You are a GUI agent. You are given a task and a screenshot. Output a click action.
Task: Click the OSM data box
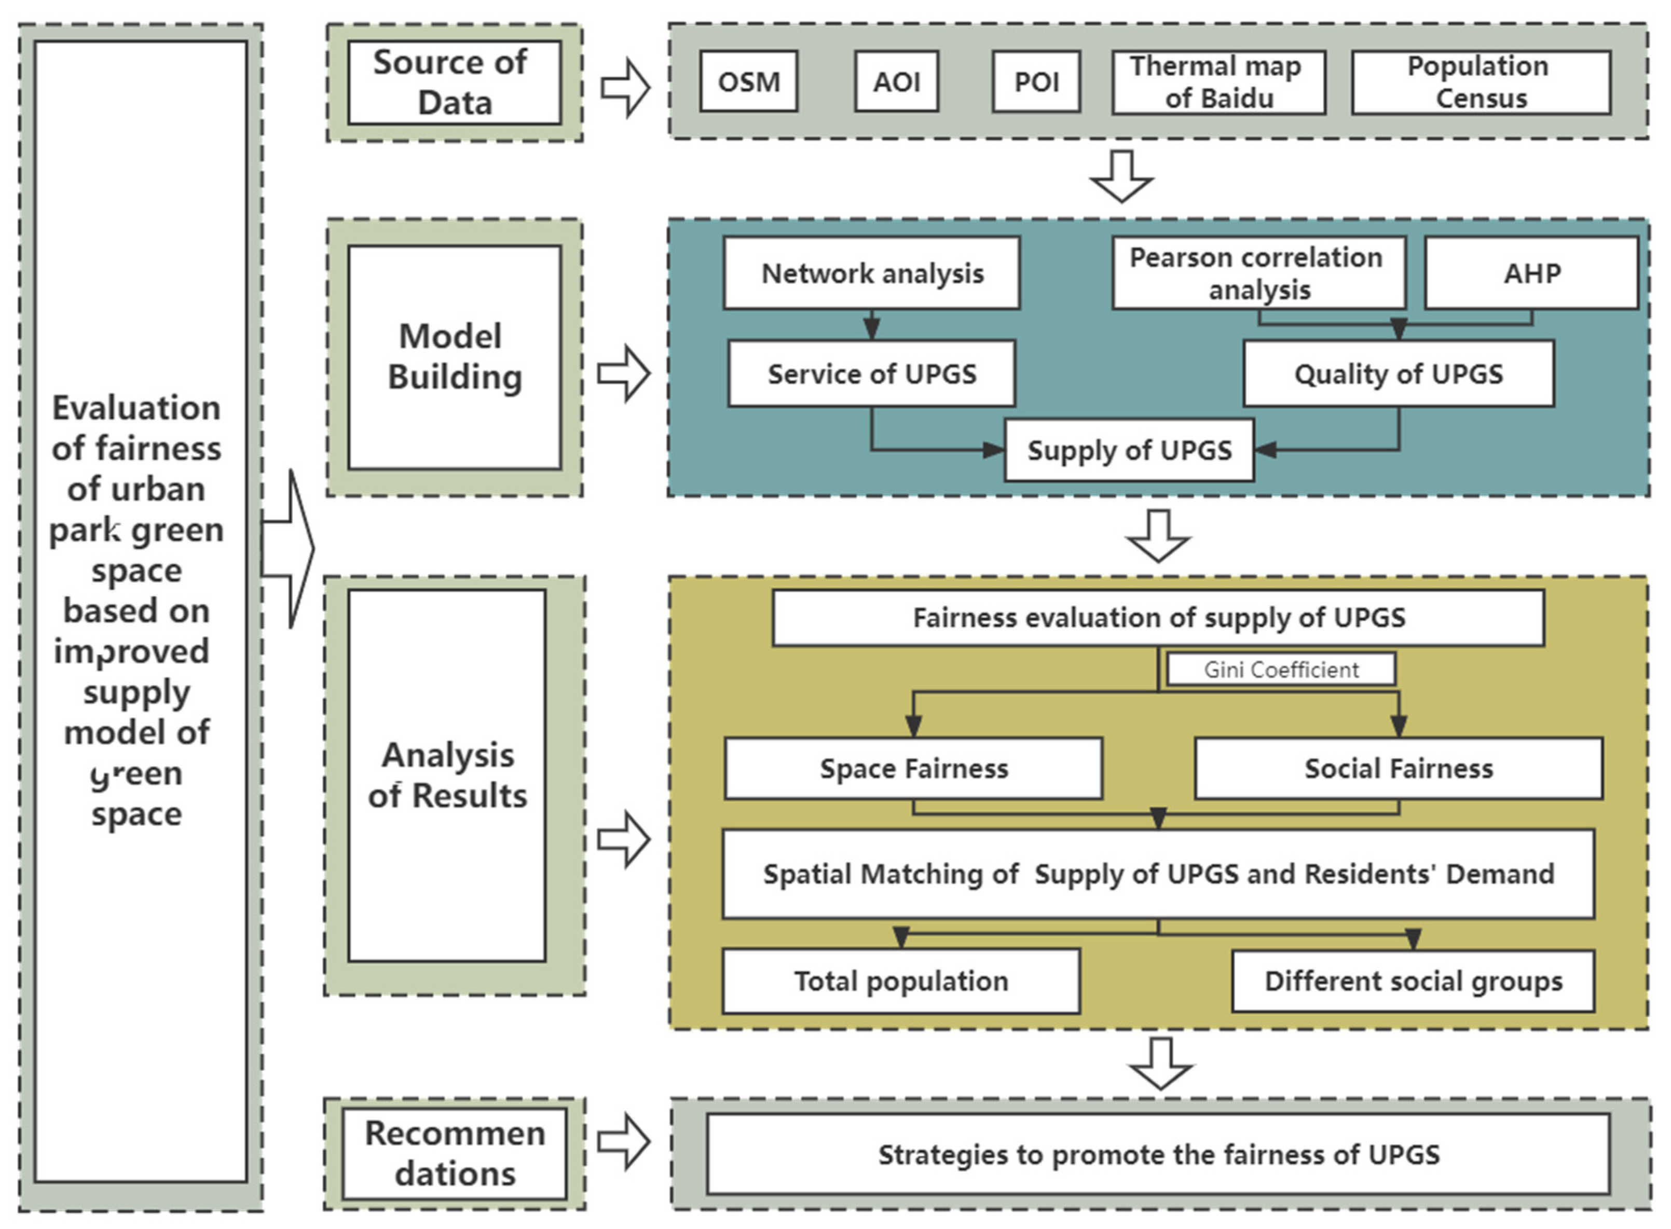pos(748,82)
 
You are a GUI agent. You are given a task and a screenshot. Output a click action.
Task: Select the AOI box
pos(897,82)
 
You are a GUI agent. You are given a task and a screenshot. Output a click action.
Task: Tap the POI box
pos(1036,82)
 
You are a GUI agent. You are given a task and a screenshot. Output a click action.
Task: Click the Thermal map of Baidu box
pos(1218,82)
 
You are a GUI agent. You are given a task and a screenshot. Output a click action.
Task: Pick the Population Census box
pos(1481,82)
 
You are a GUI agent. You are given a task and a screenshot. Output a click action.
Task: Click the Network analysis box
pos(872,273)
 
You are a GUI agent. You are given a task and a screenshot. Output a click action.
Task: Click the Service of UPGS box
pos(872,374)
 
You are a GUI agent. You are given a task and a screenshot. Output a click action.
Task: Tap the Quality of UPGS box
pos(1399,374)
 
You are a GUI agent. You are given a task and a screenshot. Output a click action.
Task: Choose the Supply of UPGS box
pos(1129,450)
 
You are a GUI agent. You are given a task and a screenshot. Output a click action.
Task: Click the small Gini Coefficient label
pos(1280,670)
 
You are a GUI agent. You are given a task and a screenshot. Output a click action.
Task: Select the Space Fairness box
pos(914,768)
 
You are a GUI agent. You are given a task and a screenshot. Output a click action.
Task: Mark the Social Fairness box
pos(1399,768)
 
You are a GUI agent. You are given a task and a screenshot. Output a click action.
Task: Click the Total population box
pos(901,981)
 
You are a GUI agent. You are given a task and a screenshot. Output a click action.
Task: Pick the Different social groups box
pos(1414,981)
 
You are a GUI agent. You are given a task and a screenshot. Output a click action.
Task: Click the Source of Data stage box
pos(455,82)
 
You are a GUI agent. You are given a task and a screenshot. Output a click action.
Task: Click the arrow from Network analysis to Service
pos(872,325)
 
